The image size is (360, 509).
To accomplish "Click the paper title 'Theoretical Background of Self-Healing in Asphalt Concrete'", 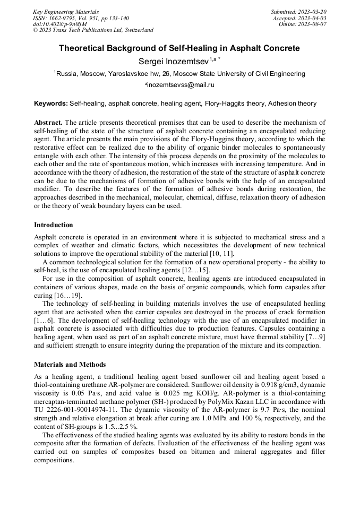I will (179, 48).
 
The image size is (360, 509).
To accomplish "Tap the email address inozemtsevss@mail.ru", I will (180, 85).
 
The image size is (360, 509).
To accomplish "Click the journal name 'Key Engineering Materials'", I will (66, 12).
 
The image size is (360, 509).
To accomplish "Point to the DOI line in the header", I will (59, 24).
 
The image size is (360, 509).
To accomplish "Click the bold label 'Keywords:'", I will (50, 103).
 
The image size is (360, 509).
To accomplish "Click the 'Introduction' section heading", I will (54, 225).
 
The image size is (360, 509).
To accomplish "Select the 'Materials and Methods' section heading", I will (70, 365).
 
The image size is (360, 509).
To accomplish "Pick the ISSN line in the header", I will (81, 18).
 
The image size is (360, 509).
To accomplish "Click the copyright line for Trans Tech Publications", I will (93, 30).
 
